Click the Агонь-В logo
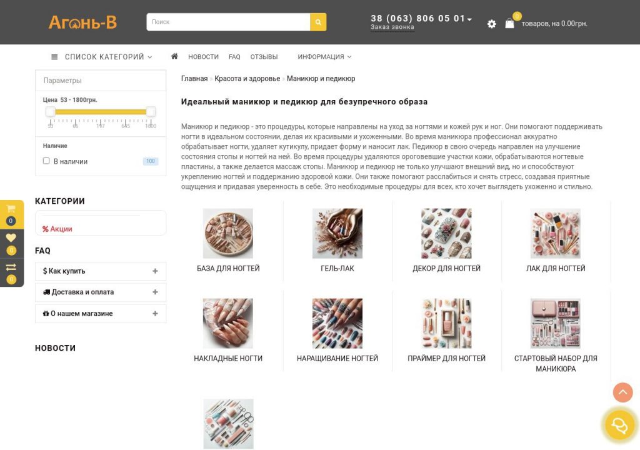(82, 22)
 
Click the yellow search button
(318, 22)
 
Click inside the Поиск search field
(228, 22)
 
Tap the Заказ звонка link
(392, 27)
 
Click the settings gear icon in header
(491, 24)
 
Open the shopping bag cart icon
(509, 23)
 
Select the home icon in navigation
(174, 56)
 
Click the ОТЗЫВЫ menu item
(264, 57)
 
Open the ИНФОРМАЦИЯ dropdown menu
(324, 57)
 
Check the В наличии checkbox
(46, 161)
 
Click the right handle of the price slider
(151, 111)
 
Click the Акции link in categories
(57, 229)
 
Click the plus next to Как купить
(155, 271)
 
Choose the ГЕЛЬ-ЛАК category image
(337, 233)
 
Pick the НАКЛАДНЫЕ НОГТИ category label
(228, 358)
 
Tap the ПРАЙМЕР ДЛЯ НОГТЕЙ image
(446, 323)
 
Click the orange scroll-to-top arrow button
(622, 392)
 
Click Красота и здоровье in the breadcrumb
(247, 78)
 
